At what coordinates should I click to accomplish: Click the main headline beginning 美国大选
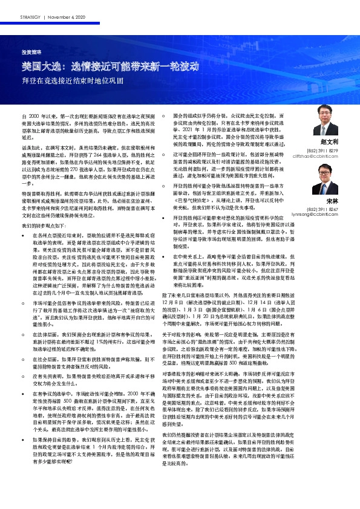[114, 66]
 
